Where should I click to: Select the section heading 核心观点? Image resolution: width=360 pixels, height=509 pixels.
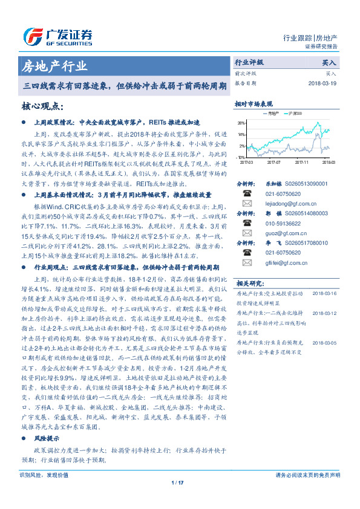[x=42, y=106]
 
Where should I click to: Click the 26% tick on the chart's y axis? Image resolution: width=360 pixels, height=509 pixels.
[x=241, y=123]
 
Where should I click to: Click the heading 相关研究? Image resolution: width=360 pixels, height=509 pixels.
[x=249, y=282]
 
